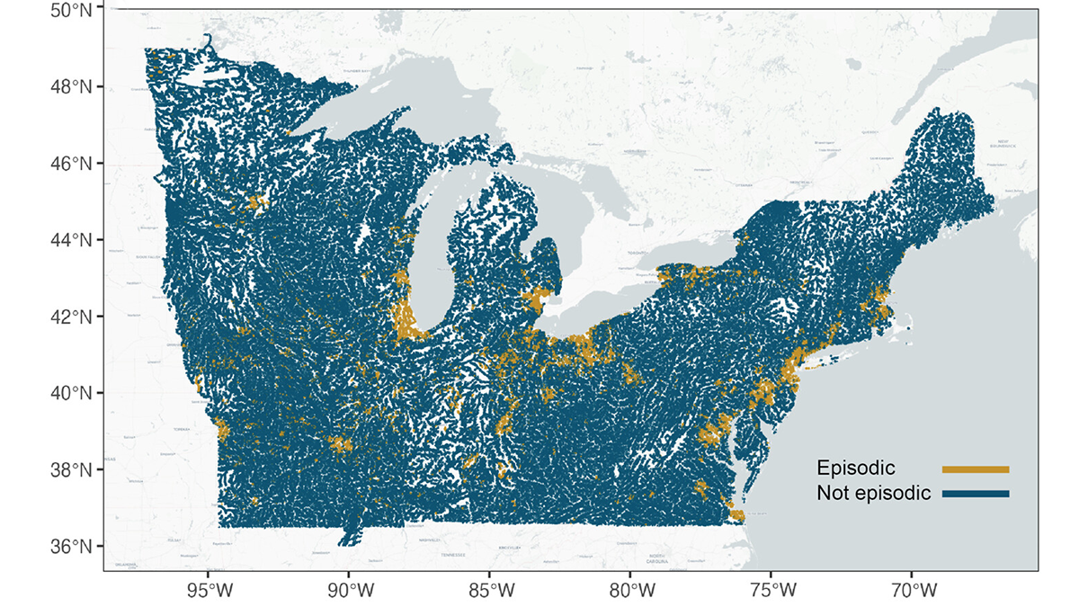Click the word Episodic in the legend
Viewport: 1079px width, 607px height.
[x=855, y=469]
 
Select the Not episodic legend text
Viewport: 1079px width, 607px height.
[x=873, y=494]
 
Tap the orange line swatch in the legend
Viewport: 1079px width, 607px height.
[x=976, y=469]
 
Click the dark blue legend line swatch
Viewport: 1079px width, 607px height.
[x=976, y=494]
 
